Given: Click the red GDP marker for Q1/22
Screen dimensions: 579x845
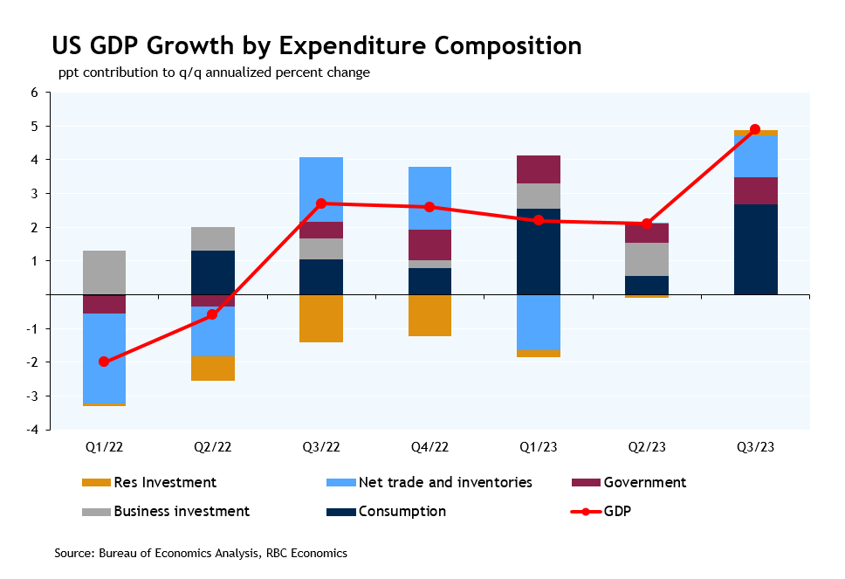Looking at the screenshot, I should coord(104,362).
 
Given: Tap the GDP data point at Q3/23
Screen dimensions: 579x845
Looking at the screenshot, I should coord(755,129).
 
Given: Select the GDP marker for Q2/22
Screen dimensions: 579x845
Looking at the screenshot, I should coord(212,314).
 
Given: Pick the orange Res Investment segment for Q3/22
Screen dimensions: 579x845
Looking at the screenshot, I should coord(321,318).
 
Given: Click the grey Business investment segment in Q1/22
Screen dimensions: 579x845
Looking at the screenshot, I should coord(104,272).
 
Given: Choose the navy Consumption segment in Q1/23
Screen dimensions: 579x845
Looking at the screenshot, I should coord(538,252).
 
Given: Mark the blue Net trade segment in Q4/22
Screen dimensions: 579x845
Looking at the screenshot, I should coord(429,198).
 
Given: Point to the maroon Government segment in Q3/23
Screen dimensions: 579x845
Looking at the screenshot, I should coord(755,190).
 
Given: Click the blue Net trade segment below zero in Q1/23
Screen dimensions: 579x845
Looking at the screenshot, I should coord(538,322).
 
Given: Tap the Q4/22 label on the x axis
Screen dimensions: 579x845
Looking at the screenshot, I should coord(429,446).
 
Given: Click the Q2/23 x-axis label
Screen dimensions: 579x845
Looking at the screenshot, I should coord(647,446).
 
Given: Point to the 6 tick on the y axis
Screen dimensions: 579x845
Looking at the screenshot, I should coord(35,93).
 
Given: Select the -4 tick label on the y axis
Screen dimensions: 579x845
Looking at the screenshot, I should coord(32,430).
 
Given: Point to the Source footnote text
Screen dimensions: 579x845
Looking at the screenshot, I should coord(201,553).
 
